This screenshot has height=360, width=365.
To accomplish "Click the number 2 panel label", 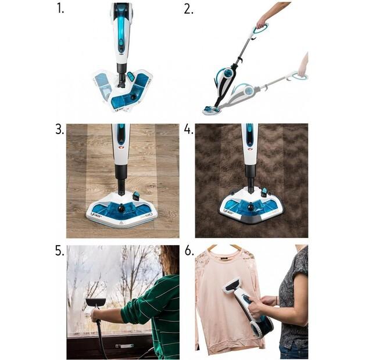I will pyautogui.click(x=188, y=9).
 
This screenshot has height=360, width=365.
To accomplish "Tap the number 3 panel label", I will pyautogui.click(x=59, y=129).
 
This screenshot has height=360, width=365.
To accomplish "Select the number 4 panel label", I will pyautogui.click(x=188, y=129).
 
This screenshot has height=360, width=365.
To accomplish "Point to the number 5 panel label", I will pyautogui.click(x=59, y=251).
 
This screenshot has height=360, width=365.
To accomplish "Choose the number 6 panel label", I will pyautogui.click(x=188, y=251).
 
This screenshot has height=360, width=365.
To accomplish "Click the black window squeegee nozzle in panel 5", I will pyautogui.click(x=95, y=302).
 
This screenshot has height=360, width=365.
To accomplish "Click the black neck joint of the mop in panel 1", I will pyautogui.click(x=122, y=73).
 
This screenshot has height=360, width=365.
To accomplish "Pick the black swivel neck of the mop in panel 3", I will pyautogui.click(x=121, y=177).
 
